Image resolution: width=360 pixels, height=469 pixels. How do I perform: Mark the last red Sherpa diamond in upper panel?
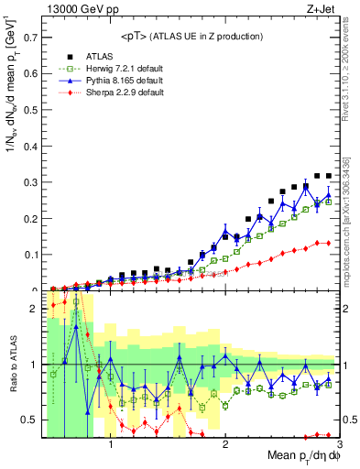[328, 243]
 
